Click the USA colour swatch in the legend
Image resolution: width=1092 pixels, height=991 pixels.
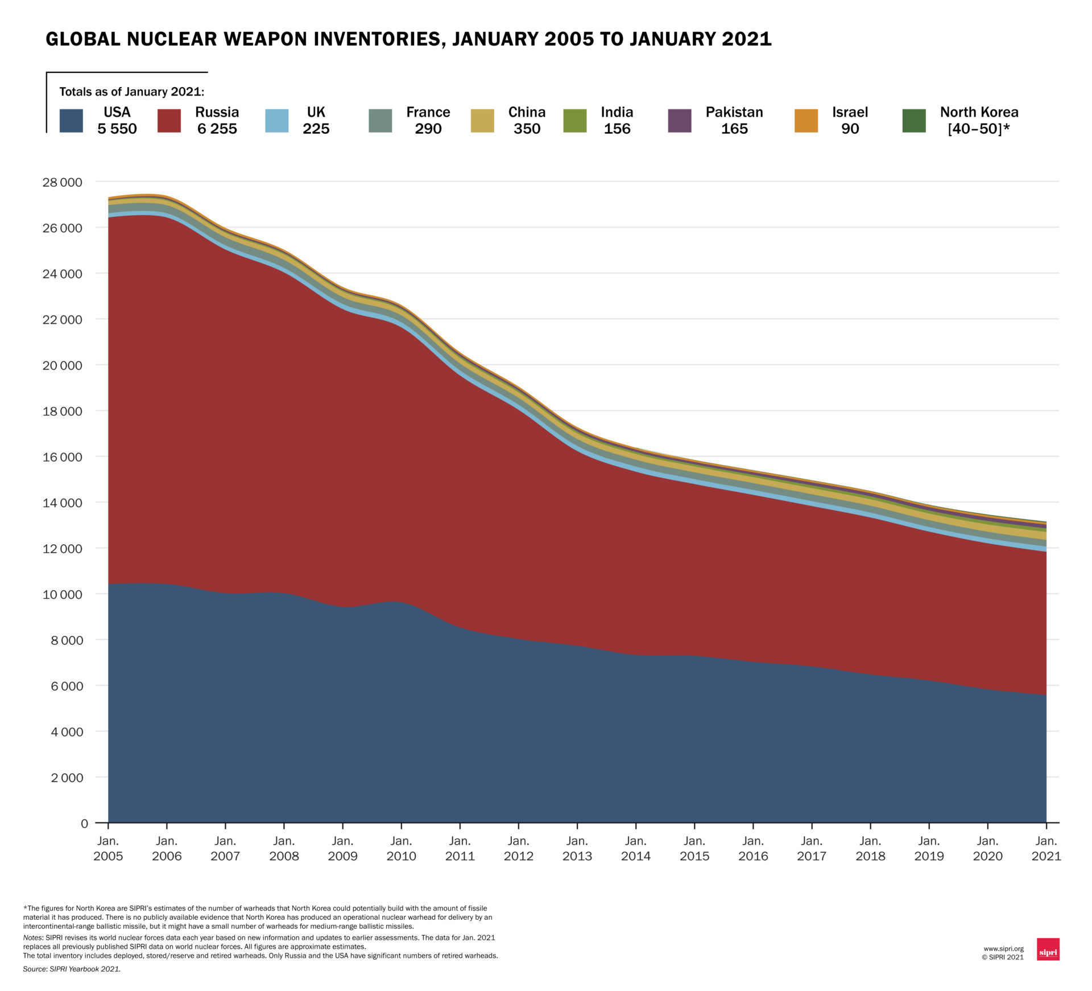point(71,121)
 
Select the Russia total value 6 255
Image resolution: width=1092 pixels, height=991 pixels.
point(217,129)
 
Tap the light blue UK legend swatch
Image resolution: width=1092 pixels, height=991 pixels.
point(277,121)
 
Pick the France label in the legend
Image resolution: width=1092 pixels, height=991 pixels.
point(428,112)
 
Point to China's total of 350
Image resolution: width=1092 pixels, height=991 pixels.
point(527,129)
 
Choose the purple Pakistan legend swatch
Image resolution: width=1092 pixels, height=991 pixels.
point(680,121)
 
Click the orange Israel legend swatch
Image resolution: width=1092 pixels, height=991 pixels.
point(806,121)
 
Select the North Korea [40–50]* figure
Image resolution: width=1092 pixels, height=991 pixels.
point(978,129)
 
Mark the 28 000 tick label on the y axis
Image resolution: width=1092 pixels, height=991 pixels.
point(63,182)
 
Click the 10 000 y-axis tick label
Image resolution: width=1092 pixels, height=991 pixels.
point(63,594)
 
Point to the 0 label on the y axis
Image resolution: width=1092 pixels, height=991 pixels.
point(85,823)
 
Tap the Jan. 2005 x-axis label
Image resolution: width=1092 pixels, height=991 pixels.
point(108,848)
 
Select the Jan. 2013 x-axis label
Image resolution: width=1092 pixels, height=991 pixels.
point(577,848)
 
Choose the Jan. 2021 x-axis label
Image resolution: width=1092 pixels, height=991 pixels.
point(1046,848)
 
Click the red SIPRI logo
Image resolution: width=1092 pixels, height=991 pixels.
point(1048,949)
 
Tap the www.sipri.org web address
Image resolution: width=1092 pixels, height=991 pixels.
point(1003,949)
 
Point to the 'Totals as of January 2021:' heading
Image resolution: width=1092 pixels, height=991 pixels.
point(131,92)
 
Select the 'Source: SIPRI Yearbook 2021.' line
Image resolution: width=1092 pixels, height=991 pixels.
point(72,969)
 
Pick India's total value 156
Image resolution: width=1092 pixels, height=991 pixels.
point(617,129)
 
